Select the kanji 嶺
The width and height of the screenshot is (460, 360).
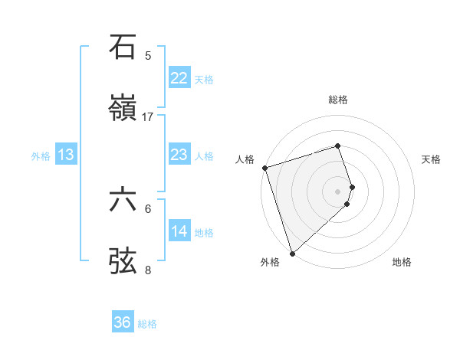pos(123,109)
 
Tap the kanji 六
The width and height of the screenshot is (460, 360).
pos(123,200)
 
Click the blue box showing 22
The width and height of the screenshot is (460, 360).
pos(179,78)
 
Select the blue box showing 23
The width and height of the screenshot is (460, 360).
pos(179,155)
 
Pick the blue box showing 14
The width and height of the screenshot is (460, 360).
pos(179,231)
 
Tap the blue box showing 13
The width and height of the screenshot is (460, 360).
pos(66,155)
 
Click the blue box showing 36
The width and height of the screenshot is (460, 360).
pos(123,322)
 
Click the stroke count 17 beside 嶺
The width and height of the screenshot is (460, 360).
pos(148,117)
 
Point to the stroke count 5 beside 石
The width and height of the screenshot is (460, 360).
pos(148,56)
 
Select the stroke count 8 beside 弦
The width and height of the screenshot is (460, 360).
pos(148,270)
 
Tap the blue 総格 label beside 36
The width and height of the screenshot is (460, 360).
pos(147,324)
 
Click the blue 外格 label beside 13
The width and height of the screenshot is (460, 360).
pos(41,156)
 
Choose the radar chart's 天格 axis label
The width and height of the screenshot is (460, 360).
pos(431,159)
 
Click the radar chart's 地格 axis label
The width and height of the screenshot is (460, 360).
pos(402,262)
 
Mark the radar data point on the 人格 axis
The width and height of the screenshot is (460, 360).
pos(264,168)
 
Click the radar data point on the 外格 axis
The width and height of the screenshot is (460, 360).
pos(292,253)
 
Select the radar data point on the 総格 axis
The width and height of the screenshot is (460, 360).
pos(337,146)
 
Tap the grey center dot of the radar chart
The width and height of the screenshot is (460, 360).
pos(337,190)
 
